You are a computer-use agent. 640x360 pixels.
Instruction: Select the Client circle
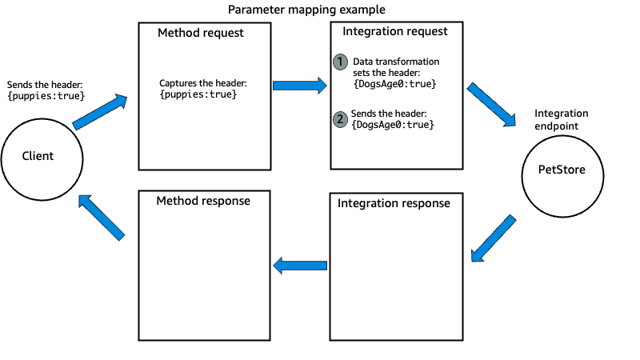38,156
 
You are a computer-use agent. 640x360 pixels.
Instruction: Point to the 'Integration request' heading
395,32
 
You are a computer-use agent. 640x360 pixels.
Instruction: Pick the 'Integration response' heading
396,203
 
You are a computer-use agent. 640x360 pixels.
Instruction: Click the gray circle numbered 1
341,62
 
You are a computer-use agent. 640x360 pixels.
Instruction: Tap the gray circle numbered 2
341,119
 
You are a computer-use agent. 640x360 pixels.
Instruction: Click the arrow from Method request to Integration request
301,85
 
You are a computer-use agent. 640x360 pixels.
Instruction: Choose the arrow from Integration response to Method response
301,265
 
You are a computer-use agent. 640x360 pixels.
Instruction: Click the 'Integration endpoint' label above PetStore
561,119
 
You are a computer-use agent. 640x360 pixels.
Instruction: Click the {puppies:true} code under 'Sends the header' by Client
46,96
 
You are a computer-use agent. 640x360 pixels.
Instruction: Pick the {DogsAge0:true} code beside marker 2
395,126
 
